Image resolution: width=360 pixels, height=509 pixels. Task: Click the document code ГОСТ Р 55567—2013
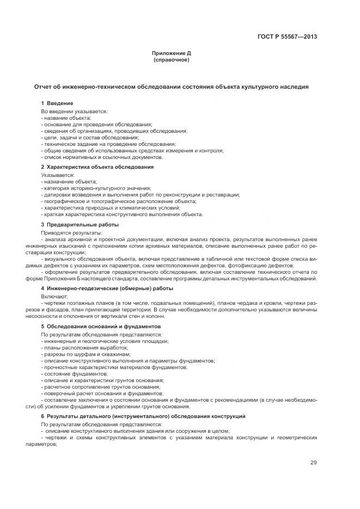pyautogui.click(x=287, y=37)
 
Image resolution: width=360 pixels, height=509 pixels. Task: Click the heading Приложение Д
pyautogui.click(x=172, y=53)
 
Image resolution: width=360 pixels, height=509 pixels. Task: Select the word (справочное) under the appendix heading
pyautogui.click(x=172, y=60)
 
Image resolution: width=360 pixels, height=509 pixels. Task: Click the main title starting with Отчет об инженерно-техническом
pyautogui.click(x=172, y=87)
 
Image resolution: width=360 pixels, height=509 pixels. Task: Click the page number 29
pyautogui.click(x=313, y=463)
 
